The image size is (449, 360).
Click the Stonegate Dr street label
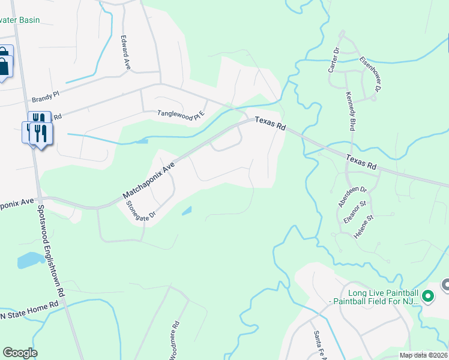(141, 209)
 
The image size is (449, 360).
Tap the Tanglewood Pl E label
(181, 113)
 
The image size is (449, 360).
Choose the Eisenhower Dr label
(370, 74)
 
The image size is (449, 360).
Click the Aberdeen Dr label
(352, 196)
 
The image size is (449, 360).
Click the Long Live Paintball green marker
(428, 296)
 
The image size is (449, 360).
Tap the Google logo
(20, 353)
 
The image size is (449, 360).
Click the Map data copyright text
(423, 355)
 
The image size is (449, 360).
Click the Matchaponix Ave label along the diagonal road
(148, 179)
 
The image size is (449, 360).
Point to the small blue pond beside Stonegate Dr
(187, 211)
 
